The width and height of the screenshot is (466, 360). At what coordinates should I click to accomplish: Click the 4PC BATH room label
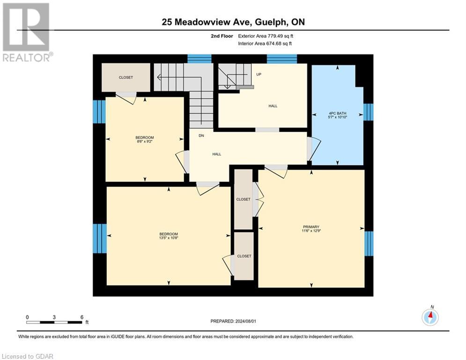338,113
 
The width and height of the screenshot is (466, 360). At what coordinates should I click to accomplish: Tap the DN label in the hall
201,135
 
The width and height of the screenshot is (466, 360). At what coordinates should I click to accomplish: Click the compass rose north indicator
429,317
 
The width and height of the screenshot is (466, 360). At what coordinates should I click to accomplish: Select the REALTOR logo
26,32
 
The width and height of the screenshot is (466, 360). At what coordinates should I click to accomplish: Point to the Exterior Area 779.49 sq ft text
266,36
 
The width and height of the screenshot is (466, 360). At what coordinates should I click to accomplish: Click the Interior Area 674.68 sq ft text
266,44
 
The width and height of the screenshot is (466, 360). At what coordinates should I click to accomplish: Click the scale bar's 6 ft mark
81,317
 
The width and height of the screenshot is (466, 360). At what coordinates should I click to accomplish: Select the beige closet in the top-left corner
126,77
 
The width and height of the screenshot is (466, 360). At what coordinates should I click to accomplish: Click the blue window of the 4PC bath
369,112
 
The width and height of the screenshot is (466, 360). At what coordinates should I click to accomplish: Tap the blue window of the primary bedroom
369,243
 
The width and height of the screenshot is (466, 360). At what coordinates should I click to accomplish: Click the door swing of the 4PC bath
313,149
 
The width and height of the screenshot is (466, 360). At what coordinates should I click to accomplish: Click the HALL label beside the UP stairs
273,106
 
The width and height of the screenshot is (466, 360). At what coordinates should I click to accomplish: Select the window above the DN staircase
200,59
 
